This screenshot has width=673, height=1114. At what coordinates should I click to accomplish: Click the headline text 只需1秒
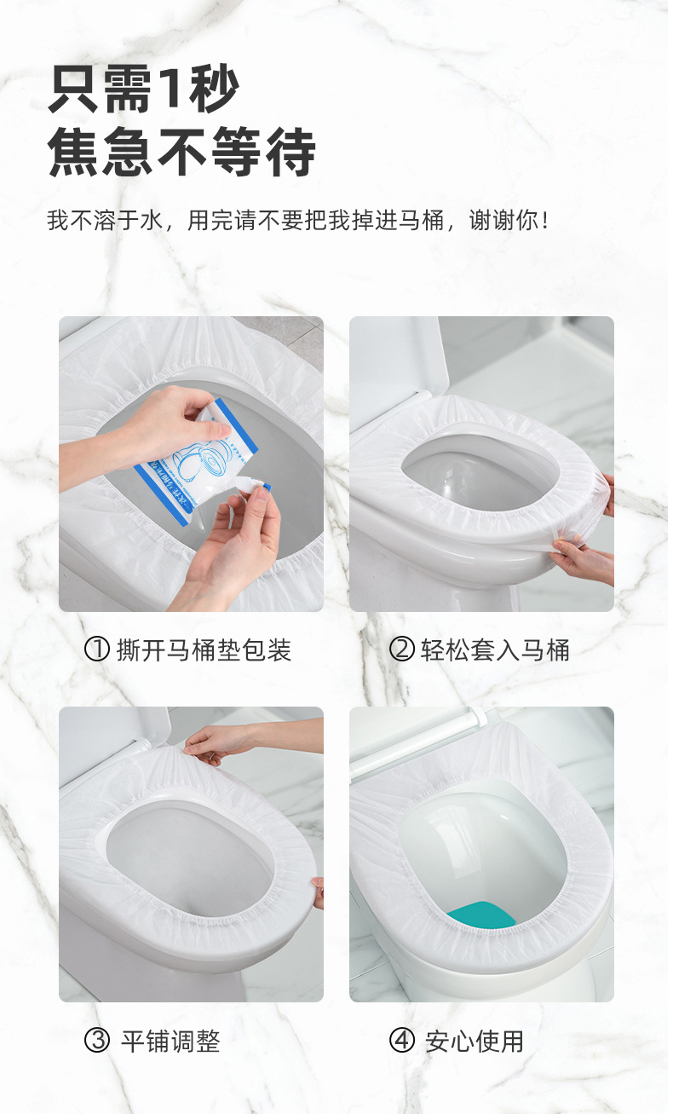pos(144,89)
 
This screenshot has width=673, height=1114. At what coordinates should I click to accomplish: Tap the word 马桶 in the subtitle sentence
pos(423,221)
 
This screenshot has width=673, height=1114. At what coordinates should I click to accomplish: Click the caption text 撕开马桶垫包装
pos(204,650)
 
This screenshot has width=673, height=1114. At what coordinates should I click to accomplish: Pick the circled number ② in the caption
pos(401,650)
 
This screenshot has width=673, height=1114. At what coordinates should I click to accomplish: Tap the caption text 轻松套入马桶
pos(495,650)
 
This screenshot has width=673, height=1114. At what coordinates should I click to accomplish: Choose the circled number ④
pos(401,1041)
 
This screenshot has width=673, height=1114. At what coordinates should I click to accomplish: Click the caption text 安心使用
pos(475,1041)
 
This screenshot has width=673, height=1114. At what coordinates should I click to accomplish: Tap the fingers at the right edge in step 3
pos(318,892)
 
